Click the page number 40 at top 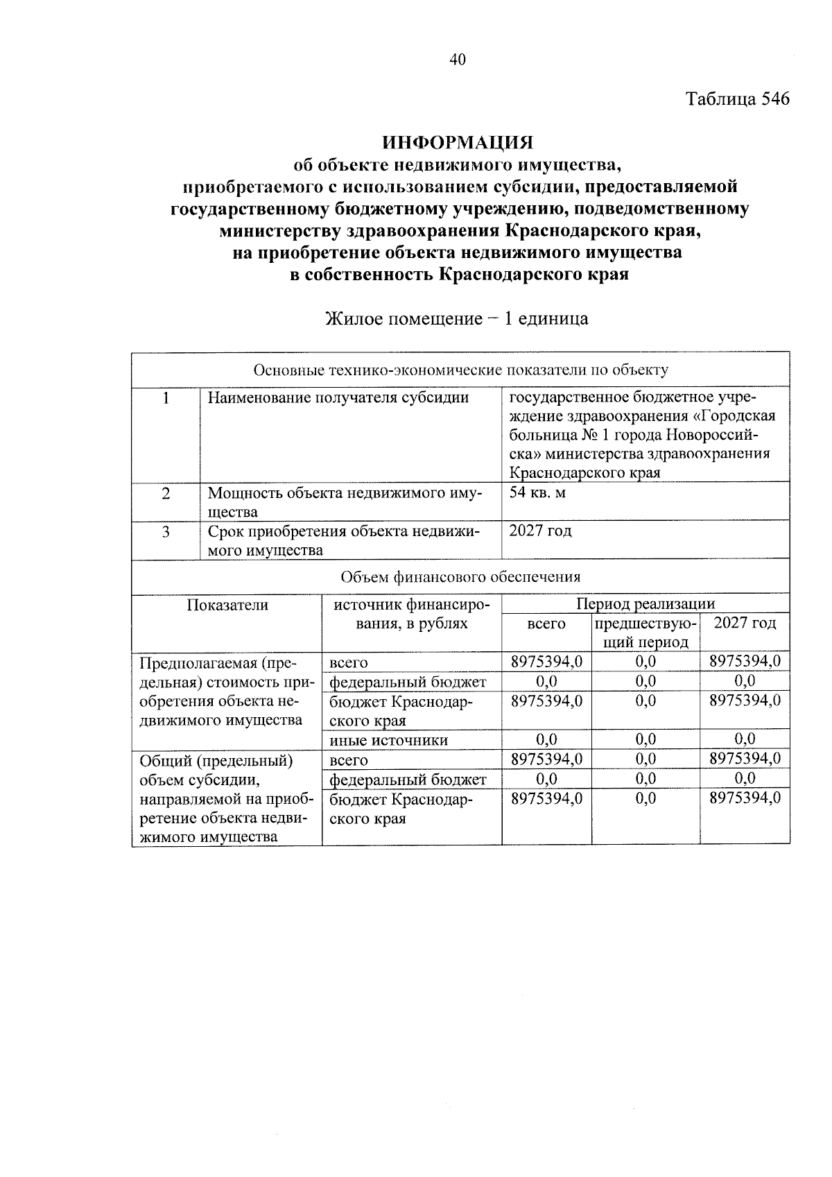pos(458,60)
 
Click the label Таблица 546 pos(738,99)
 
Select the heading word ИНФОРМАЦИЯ pos(459,143)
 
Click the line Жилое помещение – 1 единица pos(457,319)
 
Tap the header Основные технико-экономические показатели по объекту pos(460,370)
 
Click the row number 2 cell pos(166,494)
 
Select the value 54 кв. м pos(537,493)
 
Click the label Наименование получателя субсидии pos(338,397)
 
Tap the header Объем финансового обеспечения pos(460,576)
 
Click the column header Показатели pos(227,605)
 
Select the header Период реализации pos(645,603)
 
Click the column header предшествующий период pos(645,632)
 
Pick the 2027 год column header pos(745,623)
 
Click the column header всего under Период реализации pos(546,624)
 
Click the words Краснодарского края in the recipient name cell pos(584,473)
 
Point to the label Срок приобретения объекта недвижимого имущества pos(344,541)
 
